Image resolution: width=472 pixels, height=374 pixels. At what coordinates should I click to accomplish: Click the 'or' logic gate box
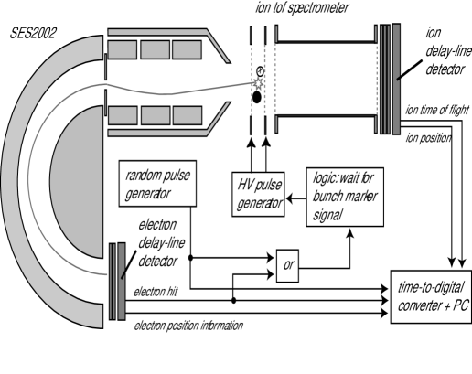point(287,265)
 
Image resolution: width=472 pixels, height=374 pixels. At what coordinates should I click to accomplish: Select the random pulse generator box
point(157,184)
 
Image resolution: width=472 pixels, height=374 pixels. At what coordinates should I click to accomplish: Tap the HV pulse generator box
point(258,194)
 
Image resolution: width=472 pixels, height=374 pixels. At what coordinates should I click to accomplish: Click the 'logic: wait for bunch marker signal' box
point(345,197)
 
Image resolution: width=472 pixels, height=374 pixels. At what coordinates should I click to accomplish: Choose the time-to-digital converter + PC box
point(431,296)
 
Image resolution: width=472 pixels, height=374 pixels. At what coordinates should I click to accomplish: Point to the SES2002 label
point(33,33)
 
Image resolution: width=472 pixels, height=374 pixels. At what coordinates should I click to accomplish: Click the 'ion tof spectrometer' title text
point(302,7)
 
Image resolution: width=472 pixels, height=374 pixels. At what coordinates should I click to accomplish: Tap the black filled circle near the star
point(257,97)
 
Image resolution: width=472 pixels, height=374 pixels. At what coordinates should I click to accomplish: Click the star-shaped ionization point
point(258,82)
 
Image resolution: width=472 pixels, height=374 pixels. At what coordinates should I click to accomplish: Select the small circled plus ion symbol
point(260,71)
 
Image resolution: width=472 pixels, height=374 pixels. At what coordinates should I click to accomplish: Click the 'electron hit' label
point(156,292)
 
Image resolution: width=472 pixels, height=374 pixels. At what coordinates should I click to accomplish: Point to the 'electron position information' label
point(188,326)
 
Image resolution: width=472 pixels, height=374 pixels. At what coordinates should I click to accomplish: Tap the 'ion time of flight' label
point(437,110)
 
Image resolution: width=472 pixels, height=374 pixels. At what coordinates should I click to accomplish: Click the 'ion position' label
point(428,138)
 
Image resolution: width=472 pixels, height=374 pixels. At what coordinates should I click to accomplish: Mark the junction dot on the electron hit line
point(233,301)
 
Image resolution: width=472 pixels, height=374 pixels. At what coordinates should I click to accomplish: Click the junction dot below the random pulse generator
point(190,258)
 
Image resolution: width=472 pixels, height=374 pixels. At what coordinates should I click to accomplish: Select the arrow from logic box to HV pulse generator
point(295,198)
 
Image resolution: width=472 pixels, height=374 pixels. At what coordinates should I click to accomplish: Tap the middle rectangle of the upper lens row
point(156,49)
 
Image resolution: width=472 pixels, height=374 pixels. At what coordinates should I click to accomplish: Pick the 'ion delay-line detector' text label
point(448,51)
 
